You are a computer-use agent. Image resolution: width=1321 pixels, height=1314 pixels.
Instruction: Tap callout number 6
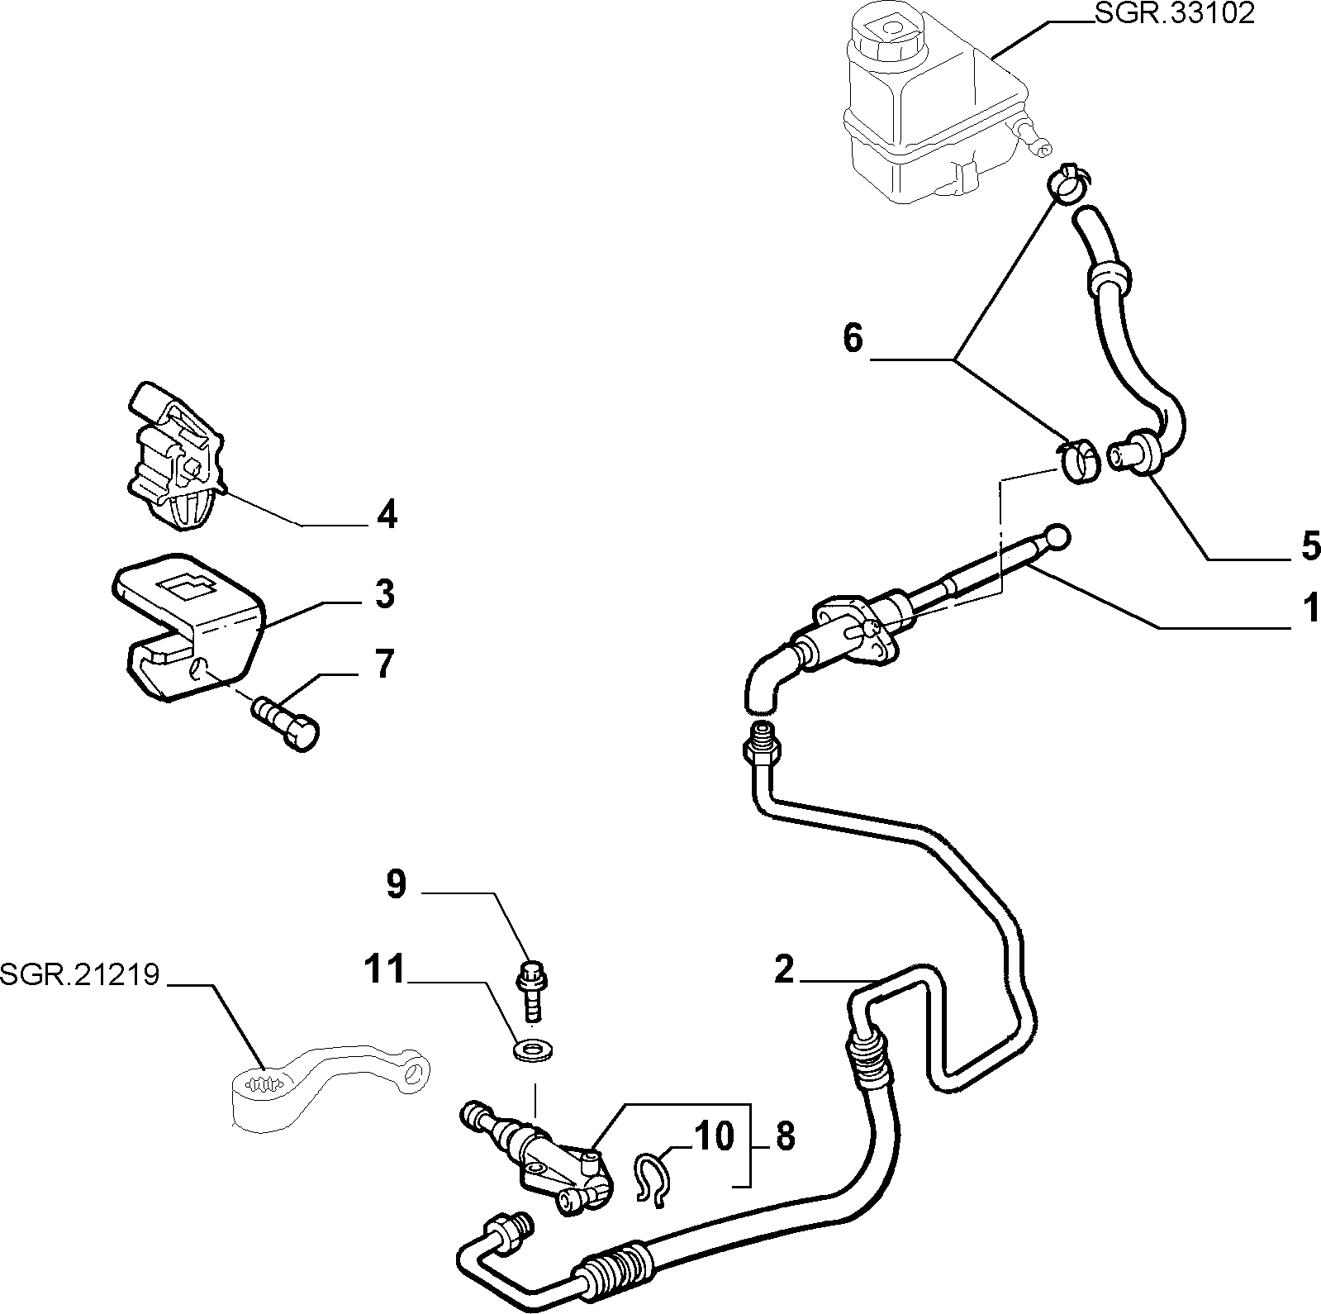click(853, 338)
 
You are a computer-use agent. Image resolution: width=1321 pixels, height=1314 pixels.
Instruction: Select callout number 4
click(387, 515)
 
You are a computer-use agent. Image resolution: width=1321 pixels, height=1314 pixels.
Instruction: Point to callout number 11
click(387, 969)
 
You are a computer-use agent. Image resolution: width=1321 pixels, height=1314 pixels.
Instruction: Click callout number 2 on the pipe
click(784, 969)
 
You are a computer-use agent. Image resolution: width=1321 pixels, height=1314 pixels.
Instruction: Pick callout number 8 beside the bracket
click(786, 1137)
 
